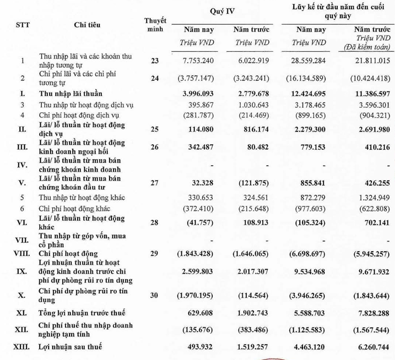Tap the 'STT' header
(x=22, y=24)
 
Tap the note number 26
(x=155, y=148)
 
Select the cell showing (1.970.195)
(x=198, y=295)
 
